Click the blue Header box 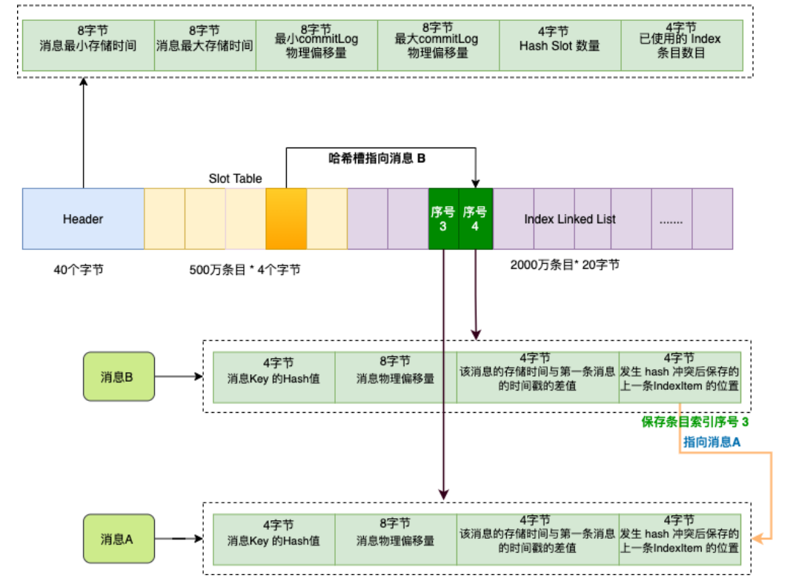click(83, 219)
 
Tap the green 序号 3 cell click(443, 219)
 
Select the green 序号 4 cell click(475, 219)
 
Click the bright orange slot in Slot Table click(286, 219)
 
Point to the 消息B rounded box click(119, 377)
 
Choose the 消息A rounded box click(119, 539)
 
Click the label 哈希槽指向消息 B click(377, 158)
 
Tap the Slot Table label click(235, 179)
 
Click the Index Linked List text click(570, 219)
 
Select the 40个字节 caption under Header click(79, 270)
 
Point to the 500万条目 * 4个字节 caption click(245, 270)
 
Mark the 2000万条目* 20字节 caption click(565, 265)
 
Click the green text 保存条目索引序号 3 click(694, 422)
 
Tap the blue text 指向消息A click(712, 442)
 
